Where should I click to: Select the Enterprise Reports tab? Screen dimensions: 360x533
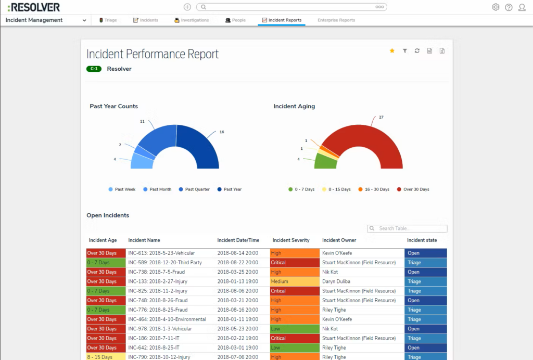click(336, 20)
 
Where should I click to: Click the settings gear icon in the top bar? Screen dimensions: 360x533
click(496, 7)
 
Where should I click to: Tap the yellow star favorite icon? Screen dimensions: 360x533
click(392, 50)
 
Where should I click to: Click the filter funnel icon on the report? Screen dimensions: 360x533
click(404, 50)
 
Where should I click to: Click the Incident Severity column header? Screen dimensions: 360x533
click(291, 240)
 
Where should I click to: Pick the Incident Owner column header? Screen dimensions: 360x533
click(339, 240)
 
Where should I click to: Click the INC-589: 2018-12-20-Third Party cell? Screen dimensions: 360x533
click(164, 263)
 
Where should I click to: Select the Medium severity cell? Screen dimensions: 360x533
click(294, 281)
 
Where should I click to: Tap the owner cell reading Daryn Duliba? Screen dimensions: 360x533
click(337, 281)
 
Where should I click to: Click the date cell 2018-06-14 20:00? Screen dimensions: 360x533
click(237, 253)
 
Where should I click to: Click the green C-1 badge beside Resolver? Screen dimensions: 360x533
click(94, 69)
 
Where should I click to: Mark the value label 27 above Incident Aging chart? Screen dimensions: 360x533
click(381, 118)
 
